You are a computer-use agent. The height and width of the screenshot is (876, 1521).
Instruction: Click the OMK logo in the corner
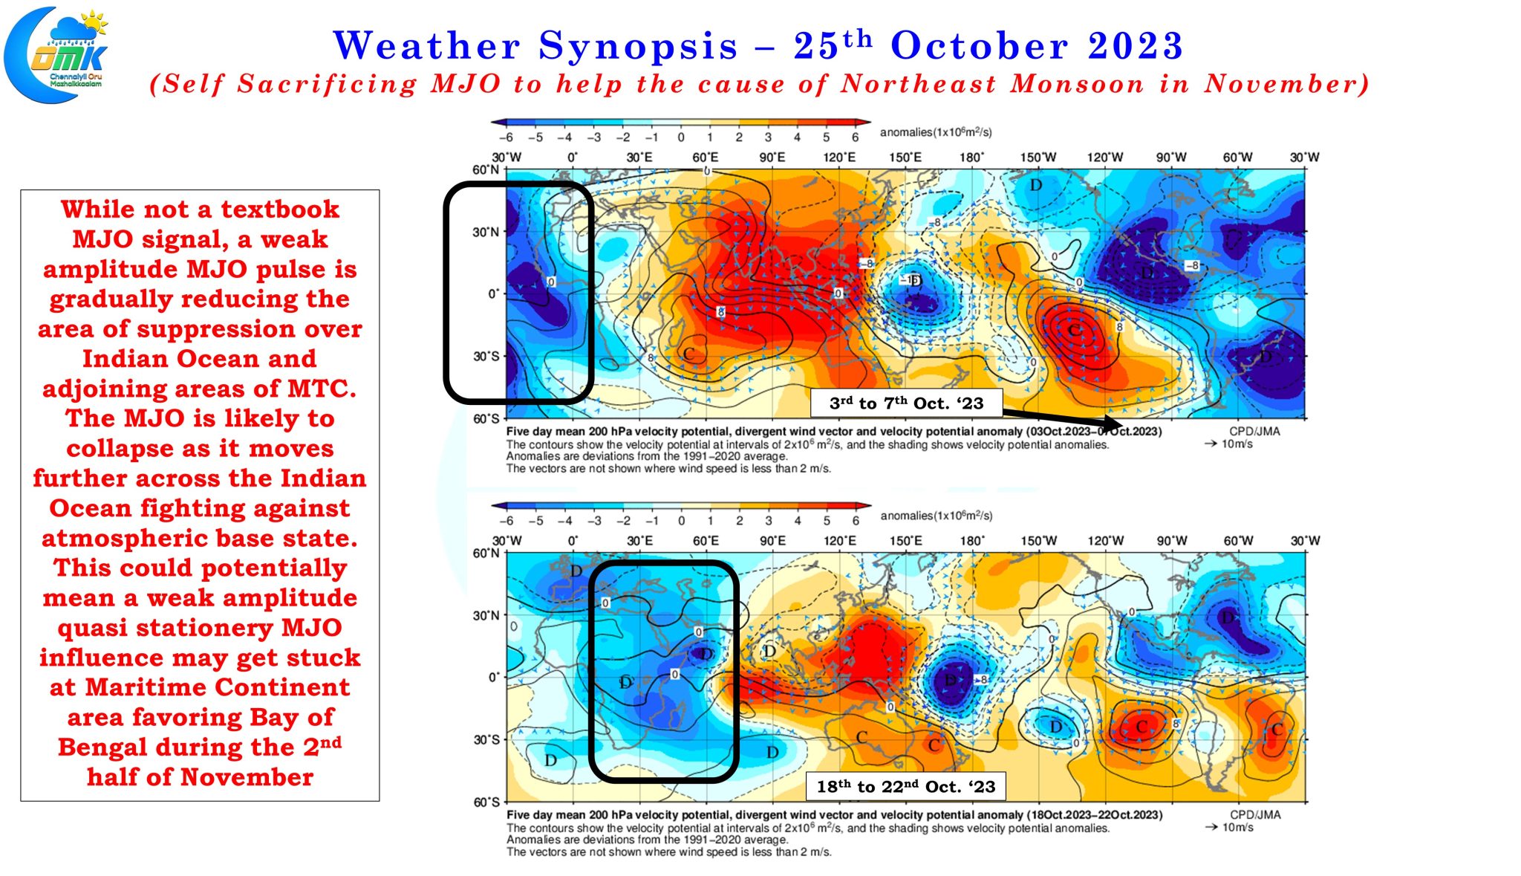pyautogui.click(x=56, y=54)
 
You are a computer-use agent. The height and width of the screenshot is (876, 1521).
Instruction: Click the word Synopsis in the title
pyautogui.click(x=638, y=46)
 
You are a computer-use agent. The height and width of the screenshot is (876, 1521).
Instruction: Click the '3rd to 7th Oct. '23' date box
pyautogui.click(x=906, y=403)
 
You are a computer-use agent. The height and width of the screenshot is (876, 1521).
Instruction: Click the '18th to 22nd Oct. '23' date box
pyautogui.click(x=906, y=786)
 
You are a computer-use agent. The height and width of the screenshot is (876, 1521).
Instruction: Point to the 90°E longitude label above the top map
pyautogui.click(x=772, y=158)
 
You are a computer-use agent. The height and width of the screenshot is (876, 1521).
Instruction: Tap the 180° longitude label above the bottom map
pyautogui.click(x=971, y=541)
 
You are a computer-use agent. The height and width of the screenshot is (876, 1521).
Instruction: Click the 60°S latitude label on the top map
pyautogui.click(x=486, y=418)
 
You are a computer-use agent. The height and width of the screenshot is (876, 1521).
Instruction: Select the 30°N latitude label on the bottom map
pyautogui.click(x=486, y=615)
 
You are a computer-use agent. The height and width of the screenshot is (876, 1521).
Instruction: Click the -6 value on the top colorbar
pyautogui.click(x=506, y=137)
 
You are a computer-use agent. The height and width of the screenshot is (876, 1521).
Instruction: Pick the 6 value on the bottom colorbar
pyautogui.click(x=856, y=521)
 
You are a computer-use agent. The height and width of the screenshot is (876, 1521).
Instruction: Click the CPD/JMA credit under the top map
pyautogui.click(x=1254, y=431)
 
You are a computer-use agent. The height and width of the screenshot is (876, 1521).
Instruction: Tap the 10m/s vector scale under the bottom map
pyautogui.click(x=1237, y=827)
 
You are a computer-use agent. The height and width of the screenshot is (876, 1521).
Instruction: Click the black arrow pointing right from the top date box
pyautogui.click(x=1062, y=420)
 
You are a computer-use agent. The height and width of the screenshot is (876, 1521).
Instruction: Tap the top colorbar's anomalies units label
pyautogui.click(x=936, y=132)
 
